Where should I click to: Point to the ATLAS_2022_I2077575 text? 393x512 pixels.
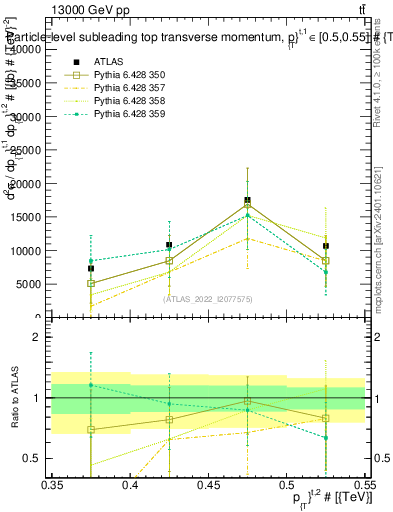(x=208, y=298)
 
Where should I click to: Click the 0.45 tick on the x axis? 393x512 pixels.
(x=208, y=484)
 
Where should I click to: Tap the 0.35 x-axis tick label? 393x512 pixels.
(x=52, y=484)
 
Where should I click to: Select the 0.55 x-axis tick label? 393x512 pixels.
(x=364, y=484)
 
